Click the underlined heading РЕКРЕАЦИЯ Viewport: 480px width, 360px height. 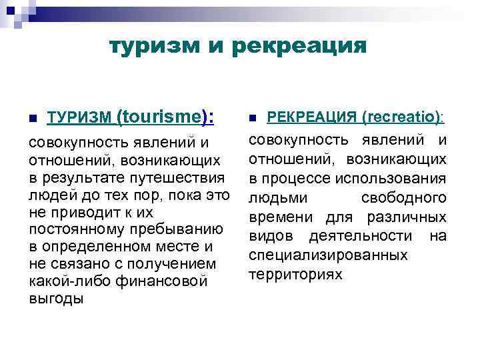[x=311, y=117]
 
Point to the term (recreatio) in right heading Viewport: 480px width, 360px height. [x=401, y=117]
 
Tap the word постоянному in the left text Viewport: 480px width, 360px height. [x=74, y=230]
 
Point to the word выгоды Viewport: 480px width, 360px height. [x=56, y=299]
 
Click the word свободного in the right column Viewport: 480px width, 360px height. [x=403, y=199]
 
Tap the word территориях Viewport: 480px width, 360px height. [x=295, y=274]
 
